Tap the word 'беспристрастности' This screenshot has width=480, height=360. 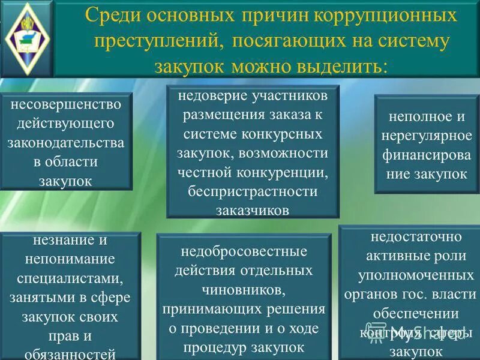coord(252,191)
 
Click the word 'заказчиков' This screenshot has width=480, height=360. coord(252,210)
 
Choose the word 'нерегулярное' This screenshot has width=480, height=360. coord(427,136)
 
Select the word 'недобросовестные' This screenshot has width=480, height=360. coord(244,250)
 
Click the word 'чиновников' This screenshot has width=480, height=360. coord(244,290)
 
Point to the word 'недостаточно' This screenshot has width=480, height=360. coord(409,236)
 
